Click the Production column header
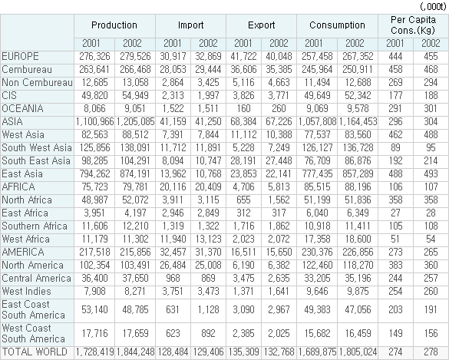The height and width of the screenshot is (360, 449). [x=114, y=25]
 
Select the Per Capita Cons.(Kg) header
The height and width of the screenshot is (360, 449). [x=413, y=25]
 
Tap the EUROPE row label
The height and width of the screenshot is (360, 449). [x=20, y=56]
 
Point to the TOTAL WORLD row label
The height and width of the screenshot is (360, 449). [x=35, y=352]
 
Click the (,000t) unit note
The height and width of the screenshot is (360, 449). [x=433, y=6]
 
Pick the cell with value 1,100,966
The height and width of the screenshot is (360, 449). [x=94, y=122]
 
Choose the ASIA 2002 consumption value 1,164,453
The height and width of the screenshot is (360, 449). [x=358, y=122]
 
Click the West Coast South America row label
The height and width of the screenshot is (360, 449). [x=33, y=333]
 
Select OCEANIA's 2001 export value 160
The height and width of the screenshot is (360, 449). [x=243, y=108]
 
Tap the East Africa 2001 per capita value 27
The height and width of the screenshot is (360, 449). [x=395, y=213]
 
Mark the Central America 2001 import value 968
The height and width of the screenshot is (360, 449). [x=173, y=278]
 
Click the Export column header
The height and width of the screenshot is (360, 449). [x=261, y=25]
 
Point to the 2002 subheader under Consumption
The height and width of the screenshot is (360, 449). [x=355, y=43]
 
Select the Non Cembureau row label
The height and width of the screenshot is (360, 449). [x=38, y=82]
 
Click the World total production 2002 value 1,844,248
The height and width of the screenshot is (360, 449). [x=135, y=352]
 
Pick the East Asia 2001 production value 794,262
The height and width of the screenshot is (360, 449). [x=94, y=173]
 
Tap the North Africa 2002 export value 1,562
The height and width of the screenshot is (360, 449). [x=279, y=200]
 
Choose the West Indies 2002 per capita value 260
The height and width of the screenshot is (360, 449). [x=431, y=291]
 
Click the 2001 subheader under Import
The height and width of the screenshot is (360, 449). [x=173, y=43]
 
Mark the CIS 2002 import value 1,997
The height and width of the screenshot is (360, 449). [x=208, y=96]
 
